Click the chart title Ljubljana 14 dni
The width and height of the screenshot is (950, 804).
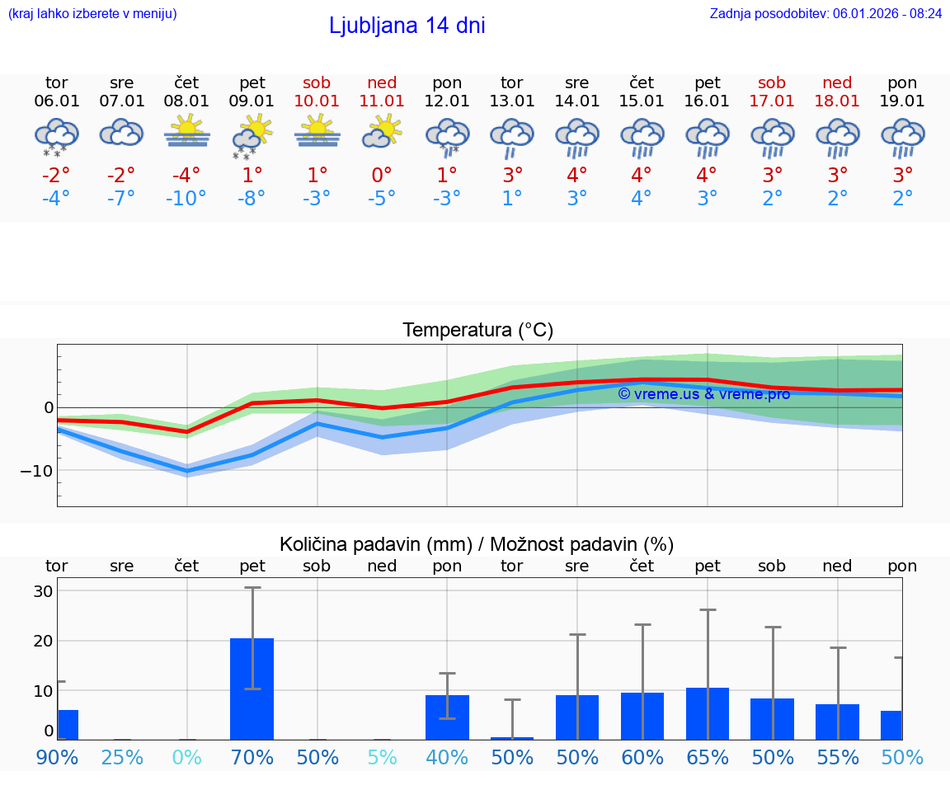point(407,26)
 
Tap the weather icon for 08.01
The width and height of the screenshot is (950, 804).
point(186,132)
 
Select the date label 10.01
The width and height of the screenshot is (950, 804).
point(317,101)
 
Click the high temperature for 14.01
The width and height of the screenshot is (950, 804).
point(576,175)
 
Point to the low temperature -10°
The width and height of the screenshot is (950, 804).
point(186,199)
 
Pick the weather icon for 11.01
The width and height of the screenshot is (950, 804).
point(382,132)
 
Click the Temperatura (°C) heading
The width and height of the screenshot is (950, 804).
point(477,331)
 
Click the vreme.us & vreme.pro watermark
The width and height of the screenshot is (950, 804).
point(703,394)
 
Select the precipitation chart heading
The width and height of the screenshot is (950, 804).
point(477,544)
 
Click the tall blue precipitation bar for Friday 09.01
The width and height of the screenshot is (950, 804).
point(252,689)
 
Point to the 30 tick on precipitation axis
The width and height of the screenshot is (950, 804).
point(43,591)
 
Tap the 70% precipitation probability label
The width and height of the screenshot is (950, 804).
point(252,757)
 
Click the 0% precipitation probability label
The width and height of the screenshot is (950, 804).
point(186,757)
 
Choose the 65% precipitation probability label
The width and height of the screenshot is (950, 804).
point(707,757)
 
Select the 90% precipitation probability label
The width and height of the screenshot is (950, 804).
point(57,757)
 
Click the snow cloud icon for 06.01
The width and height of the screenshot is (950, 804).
point(56,135)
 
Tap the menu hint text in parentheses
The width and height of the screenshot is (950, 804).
point(92,13)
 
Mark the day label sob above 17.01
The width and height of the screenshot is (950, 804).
point(772,83)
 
